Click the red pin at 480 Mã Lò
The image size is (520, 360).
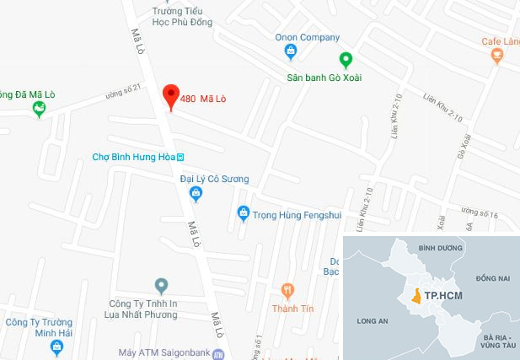(x=170, y=96)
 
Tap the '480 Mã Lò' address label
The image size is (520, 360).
(x=203, y=98)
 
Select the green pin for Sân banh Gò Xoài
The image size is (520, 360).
(x=345, y=61)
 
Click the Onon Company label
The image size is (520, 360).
(x=307, y=37)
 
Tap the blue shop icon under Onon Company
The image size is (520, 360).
(x=291, y=52)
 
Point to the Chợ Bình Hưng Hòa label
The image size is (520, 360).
(x=137, y=157)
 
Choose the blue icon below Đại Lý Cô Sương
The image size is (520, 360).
(x=196, y=195)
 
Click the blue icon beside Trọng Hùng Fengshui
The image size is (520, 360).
(x=244, y=212)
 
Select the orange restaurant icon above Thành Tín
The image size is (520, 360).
(x=287, y=291)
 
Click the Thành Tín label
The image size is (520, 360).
(x=292, y=309)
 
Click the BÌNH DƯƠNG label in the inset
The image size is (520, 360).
(x=437, y=248)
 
